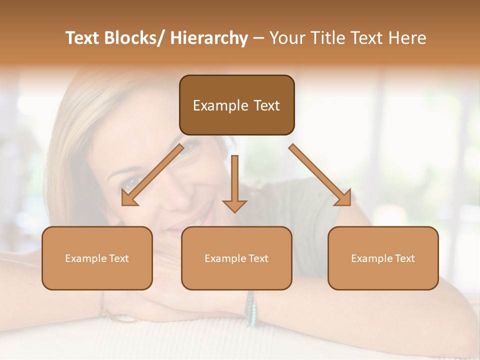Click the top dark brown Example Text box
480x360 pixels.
(236, 105)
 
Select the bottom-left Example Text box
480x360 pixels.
(97, 258)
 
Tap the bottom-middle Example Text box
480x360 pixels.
(236, 258)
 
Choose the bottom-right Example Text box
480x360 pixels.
(383, 258)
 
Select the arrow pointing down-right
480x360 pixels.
(320, 175)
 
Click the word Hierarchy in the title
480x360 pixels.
(209, 38)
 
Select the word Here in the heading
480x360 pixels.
(407, 38)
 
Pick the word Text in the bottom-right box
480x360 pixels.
(404, 258)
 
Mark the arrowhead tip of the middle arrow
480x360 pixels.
(234, 211)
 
